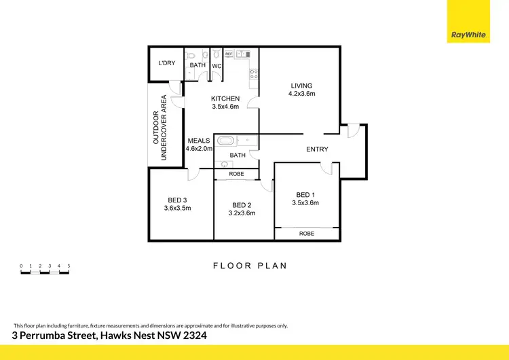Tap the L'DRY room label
(x=166, y=64)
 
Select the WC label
(x=216, y=66)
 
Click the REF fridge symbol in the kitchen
(x=229, y=53)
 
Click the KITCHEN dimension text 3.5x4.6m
(x=225, y=107)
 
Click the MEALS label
(x=199, y=141)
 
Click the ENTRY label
(x=317, y=149)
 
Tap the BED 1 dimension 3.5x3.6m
(x=305, y=202)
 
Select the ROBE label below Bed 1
(x=307, y=234)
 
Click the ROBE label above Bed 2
(x=237, y=174)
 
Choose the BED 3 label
(x=177, y=200)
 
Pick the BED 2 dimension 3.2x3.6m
(x=243, y=213)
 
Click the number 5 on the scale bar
(x=69, y=266)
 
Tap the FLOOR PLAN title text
(x=250, y=266)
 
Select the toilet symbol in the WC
(x=216, y=54)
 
